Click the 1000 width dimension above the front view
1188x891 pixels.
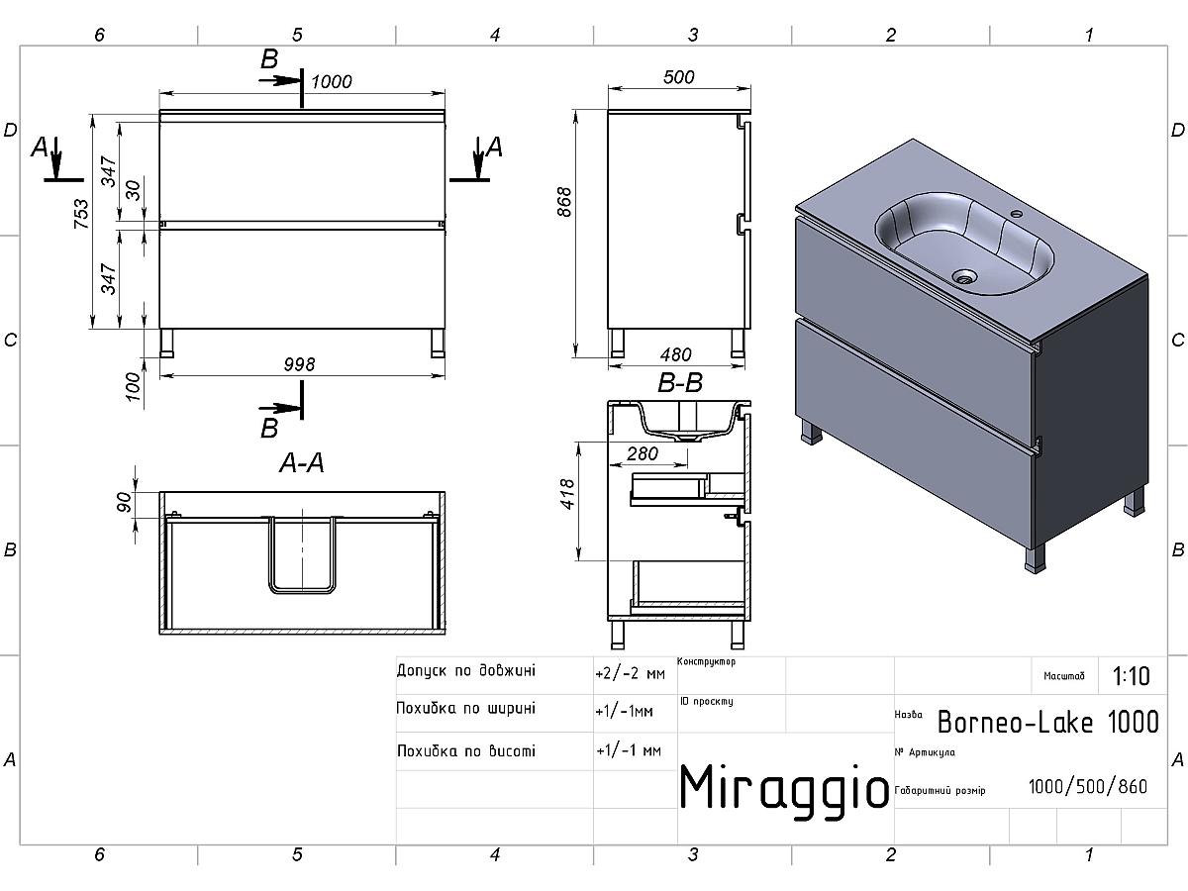coord(332,82)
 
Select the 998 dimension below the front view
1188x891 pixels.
coord(299,364)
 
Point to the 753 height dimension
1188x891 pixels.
coord(81,214)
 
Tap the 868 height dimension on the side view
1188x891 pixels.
coord(564,202)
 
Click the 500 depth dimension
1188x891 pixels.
coord(679,77)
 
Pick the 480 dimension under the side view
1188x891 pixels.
coord(675,354)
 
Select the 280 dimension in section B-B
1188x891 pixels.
coord(643,453)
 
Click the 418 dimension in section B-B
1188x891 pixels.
coord(566,494)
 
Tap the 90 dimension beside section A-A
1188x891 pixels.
coord(124,502)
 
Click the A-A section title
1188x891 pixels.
coord(302,463)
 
